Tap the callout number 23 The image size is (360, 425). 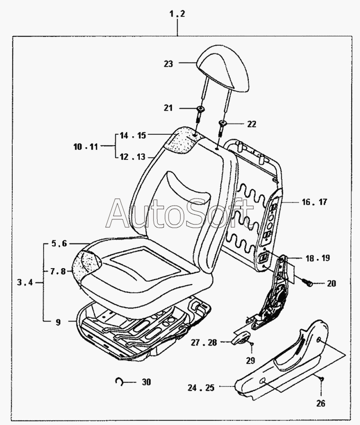point(168,64)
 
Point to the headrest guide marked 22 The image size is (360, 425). point(223,123)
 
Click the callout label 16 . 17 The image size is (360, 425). point(314,203)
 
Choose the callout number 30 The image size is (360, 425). point(147,382)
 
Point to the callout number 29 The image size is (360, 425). point(250,360)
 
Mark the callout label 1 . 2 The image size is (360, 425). point(177,14)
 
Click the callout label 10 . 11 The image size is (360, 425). point(86,146)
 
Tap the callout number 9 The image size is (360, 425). point(58,322)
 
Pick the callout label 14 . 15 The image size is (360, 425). point(133,136)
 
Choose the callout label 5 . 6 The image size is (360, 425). point(59,244)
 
